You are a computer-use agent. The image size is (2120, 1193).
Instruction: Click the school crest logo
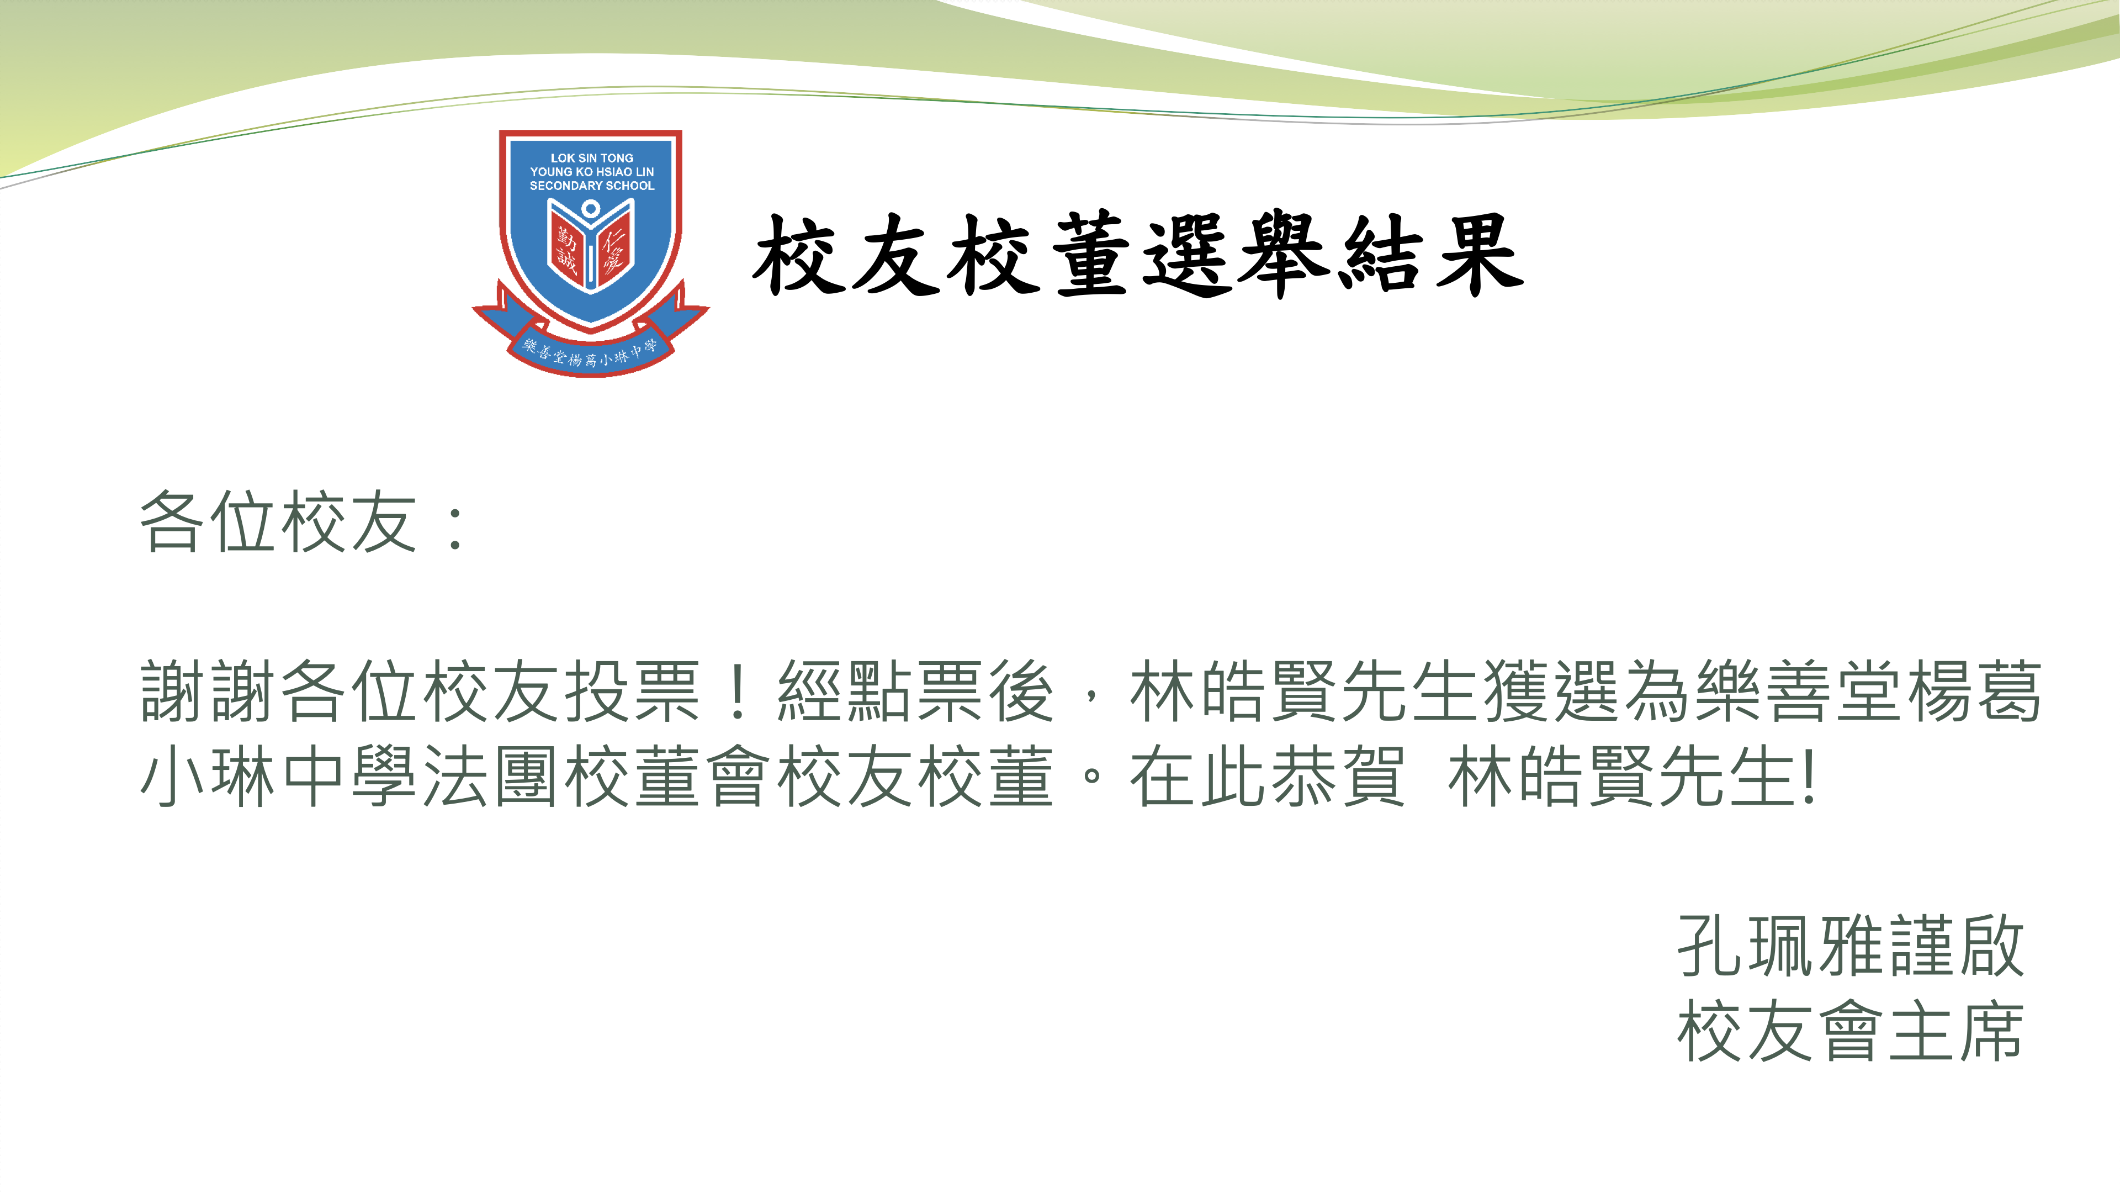click(590, 254)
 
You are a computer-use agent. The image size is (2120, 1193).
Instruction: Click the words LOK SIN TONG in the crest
click(592, 157)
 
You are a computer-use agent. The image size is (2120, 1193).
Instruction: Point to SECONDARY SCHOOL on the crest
click(592, 186)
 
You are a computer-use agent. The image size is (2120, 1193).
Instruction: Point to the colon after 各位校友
click(455, 527)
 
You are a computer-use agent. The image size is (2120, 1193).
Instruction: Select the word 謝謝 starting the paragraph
click(209, 691)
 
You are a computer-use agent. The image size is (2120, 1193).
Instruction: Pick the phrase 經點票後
click(915, 691)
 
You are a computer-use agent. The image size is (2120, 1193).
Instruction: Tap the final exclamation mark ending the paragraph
click(1808, 777)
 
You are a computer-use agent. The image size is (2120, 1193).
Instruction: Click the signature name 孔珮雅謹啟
click(1850, 947)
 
